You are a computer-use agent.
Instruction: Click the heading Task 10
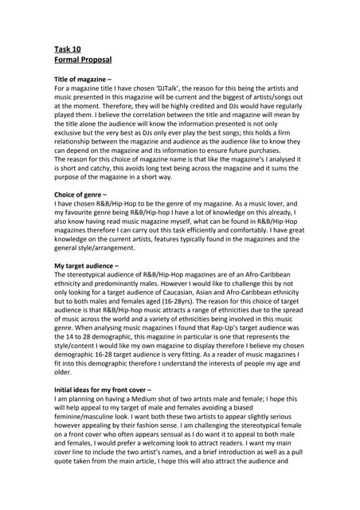coord(67,49)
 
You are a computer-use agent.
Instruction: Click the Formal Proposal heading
coord(82,60)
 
